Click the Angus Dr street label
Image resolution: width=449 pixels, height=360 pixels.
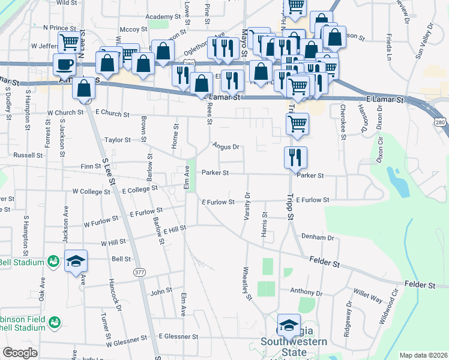pyautogui.click(x=226, y=146)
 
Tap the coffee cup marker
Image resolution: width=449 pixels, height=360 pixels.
pyautogui.click(x=64, y=64)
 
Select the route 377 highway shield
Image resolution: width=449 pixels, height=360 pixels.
pyautogui.click(x=140, y=272)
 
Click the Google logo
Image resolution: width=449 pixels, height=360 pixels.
pyautogui.click(x=20, y=353)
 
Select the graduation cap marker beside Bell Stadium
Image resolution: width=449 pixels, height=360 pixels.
pyautogui.click(x=76, y=261)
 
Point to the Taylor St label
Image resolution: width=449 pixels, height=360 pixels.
pyautogui.click(x=118, y=140)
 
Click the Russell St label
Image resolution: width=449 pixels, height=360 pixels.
pyautogui.click(x=28, y=155)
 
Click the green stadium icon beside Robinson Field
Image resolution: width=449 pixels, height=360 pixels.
pyautogui.click(x=55, y=323)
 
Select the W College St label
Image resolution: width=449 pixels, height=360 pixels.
pyautogui.click(x=91, y=192)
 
